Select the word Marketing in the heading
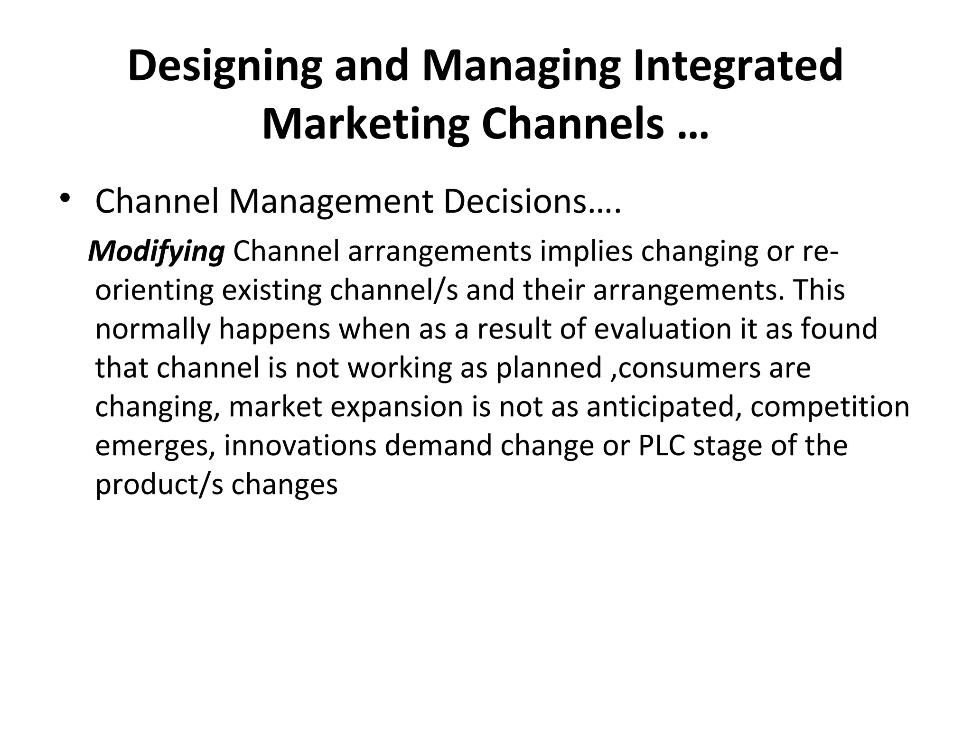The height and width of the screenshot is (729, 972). pyautogui.click(x=365, y=124)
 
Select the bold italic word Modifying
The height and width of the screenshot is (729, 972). pyautogui.click(x=157, y=252)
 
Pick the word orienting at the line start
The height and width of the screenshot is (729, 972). pyautogui.click(x=154, y=290)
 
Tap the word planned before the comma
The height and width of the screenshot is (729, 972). pyautogui.click(x=548, y=368)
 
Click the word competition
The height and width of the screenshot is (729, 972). pyautogui.click(x=830, y=407)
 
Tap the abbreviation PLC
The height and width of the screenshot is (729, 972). pyautogui.click(x=662, y=446)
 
